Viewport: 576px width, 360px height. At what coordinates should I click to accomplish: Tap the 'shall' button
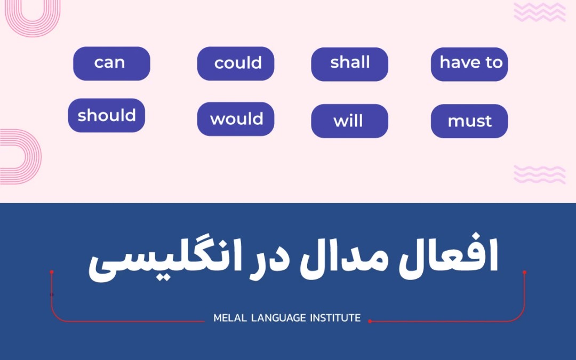349,63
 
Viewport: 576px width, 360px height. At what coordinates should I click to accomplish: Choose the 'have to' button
469,63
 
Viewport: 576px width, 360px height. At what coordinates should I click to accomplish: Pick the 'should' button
107,115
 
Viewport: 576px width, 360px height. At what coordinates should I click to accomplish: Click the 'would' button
236,119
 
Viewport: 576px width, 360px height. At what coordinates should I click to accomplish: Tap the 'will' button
349,121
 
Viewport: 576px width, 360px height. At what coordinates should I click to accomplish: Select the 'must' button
469,121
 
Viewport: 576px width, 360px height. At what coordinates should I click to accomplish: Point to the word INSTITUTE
335,318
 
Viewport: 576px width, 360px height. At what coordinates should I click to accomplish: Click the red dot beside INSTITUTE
370,321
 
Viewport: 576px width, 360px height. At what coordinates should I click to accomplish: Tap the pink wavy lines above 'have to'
539,12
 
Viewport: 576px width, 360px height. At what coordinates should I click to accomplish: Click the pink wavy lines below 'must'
539,174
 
